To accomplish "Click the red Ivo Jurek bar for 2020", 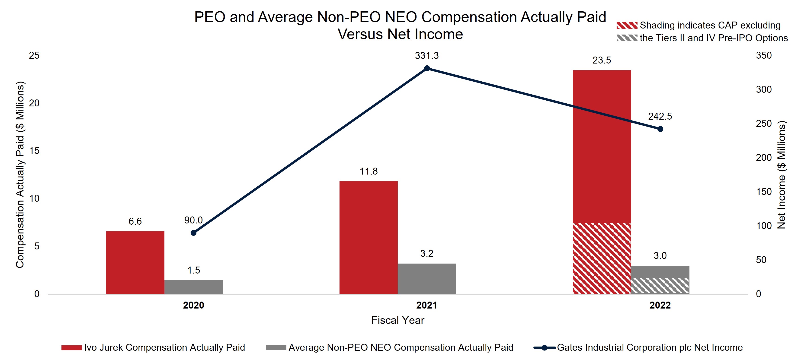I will (135, 263).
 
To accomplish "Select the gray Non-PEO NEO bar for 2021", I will (427, 279).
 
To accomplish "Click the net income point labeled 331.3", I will (427, 68).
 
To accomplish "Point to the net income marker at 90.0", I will (193, 233).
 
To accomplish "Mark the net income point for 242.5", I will (660, 129).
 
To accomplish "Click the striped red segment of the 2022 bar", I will (602, 258).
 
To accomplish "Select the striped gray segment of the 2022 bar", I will (660, 286).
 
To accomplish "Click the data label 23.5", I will (602, 60).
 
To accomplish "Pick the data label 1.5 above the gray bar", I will (193, 270).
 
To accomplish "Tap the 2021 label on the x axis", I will (427, 305).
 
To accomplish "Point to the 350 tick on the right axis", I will (764, 55).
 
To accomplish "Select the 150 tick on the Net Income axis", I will (764, 192).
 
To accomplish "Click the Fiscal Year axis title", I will (397, 320).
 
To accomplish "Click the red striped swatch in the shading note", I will (627, 25).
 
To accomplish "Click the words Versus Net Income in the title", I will (400, 34).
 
